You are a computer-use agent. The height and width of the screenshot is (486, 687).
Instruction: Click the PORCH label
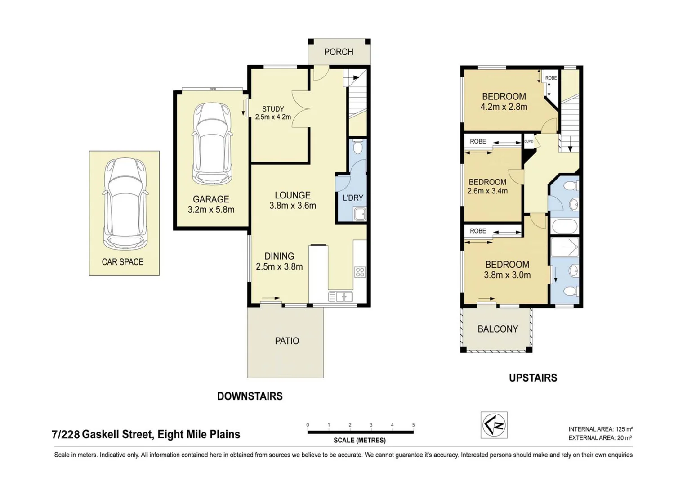click(339, 52)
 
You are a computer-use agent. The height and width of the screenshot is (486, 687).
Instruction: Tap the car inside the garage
click(212, 144)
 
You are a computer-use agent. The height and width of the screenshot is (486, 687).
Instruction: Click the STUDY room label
click(273, 109)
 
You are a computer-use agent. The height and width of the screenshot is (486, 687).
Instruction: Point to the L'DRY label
click(353, 198)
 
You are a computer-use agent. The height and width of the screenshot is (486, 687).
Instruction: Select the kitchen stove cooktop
click(360, 272)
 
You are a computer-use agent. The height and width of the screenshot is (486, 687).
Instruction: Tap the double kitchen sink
click(340, 297)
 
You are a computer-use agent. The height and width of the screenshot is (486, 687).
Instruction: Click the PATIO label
click(287, 341)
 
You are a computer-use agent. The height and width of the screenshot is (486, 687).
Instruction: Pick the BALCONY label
click(498, 329)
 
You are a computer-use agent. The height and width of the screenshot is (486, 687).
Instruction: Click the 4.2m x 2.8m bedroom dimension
click(504, 107)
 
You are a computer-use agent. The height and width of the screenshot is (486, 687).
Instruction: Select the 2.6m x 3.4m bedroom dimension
click(487, 191)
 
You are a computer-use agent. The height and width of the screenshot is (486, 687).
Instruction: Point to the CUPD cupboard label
click(529, 142)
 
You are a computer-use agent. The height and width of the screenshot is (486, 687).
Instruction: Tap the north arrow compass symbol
click(494, 424)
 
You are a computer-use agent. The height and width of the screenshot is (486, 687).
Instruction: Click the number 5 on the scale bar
click(413, 425)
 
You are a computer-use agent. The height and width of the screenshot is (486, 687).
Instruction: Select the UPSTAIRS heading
click(533, 378)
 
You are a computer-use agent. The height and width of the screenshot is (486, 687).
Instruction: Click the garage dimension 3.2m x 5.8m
click(211, 210)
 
